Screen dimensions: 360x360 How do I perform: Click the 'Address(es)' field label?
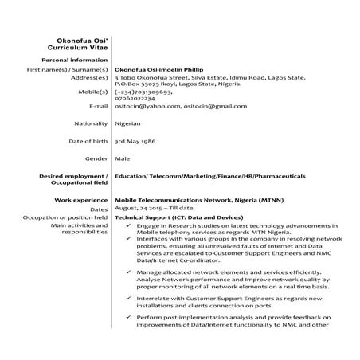[x=89, y=77]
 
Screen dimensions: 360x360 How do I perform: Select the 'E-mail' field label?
[x=98, y=106]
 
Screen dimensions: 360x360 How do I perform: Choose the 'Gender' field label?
[x=96, y=158]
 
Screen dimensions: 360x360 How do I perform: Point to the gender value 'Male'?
[x=123, y=158]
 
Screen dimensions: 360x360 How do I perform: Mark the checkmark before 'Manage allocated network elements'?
[x=129, y=272]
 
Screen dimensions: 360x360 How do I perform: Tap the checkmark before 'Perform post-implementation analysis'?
[x=129, y=318]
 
